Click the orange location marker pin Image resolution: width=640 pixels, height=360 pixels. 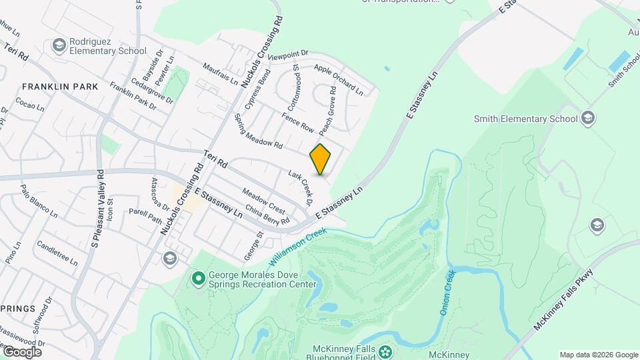(321, 159)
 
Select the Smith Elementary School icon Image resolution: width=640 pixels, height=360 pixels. (587, 119)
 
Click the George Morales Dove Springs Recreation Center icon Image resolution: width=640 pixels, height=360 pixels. (198, 278)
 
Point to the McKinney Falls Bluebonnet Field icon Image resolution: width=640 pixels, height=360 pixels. (385, 351)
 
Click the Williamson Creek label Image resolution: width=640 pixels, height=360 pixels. (296, 247)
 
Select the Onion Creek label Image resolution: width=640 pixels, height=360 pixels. (447, 292)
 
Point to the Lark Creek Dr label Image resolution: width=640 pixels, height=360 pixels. (301, 186)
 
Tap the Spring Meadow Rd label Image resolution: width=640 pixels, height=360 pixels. (259, 131)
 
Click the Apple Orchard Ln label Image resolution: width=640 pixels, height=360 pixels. (338, 79)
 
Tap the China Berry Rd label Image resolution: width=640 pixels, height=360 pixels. (267, 215)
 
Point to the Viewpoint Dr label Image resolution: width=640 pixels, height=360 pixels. (289, 55)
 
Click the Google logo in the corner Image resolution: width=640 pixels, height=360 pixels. (22, 351)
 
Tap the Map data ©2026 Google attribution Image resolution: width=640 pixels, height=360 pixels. (598, 355)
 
